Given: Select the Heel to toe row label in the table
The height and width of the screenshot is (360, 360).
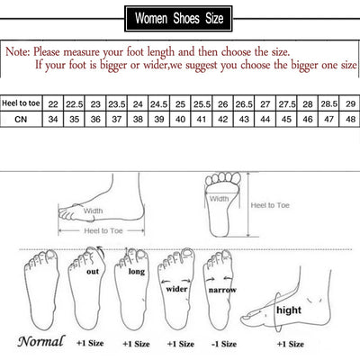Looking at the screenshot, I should click(x=21, y=104).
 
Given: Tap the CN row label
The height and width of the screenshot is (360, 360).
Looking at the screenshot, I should click(x=21, y=119).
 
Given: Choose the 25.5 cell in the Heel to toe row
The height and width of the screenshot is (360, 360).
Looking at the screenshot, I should click(x=202, y=104).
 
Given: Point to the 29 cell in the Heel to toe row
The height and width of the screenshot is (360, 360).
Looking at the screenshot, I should click(x=349, y=104).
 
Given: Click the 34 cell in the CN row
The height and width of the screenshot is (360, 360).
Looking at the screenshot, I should click(x=54, y=119).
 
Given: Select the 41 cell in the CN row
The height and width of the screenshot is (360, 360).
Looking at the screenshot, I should click(x=202, y=119).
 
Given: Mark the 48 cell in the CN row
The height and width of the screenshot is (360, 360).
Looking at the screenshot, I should click(x=349, y=119).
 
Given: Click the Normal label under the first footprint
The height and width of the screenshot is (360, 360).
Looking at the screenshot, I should click(x=40, y=342).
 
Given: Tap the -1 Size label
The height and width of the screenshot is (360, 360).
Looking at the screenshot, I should click(x=224, y=343).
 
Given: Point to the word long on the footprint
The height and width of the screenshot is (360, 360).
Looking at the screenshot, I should click(x=136, y=270).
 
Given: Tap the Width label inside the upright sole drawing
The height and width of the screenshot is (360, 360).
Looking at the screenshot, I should click(x=218, y=199).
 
